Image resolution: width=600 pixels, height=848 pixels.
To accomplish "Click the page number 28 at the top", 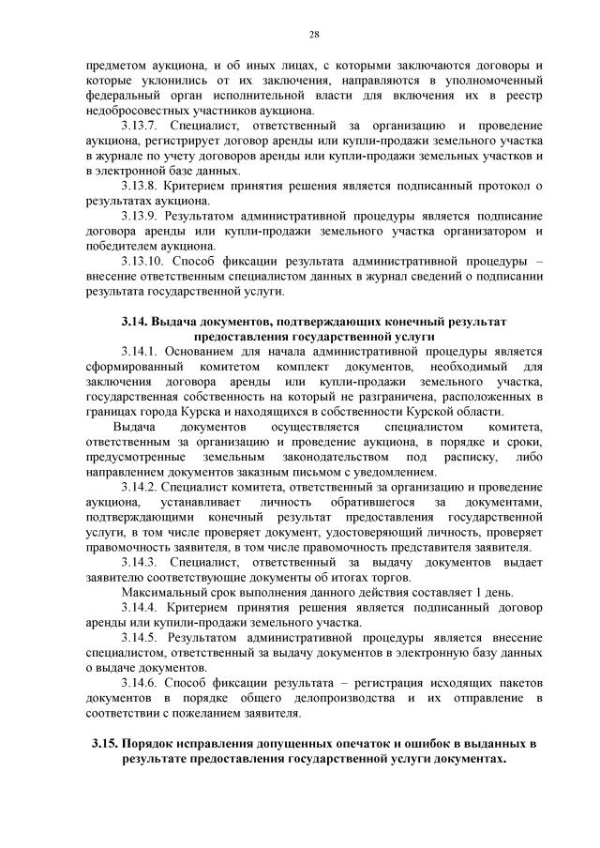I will coord(314,35).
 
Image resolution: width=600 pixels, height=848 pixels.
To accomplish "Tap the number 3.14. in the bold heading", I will coord(136,322).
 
